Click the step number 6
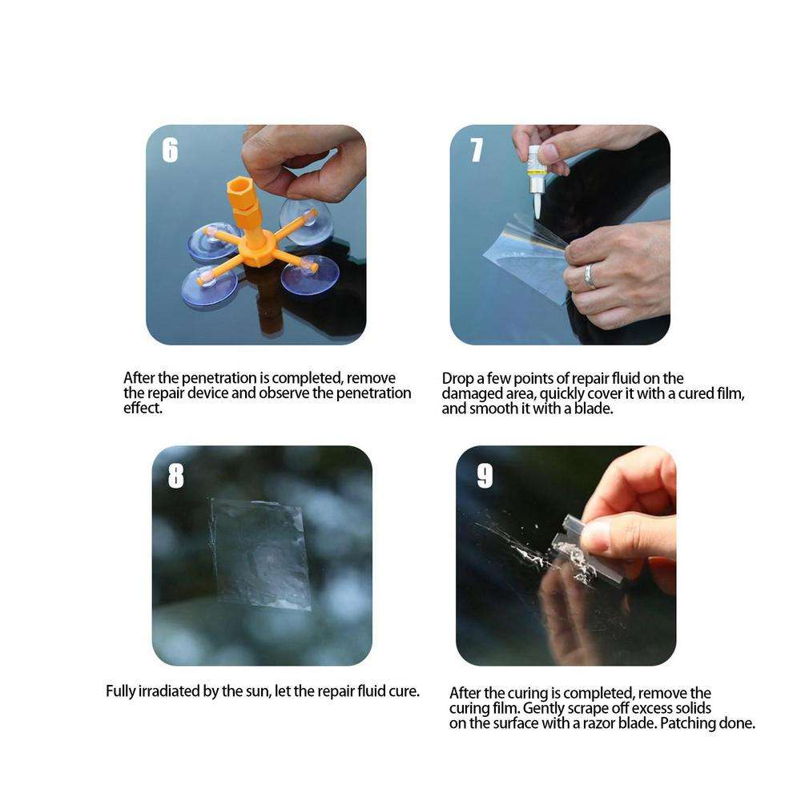pyautogui.click(x=170, y=150)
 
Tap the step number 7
pyautogui.click(x=477, y=150)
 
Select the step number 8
pyautogui.click(x=175, y=476)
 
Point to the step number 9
pyautogui.click(x=485, y=476)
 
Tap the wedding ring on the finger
pyautogui.click(x=590, y=276)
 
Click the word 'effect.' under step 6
pyautogui.click(x=143, y=408)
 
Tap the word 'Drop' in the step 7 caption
pyautogui.click(x=457, y=378)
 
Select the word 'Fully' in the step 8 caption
pyautogui.click(x=122, y=690)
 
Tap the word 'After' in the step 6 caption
pyautogui.click(x=140, y=378)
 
